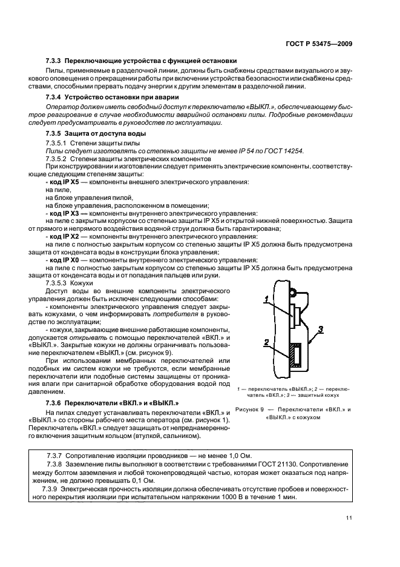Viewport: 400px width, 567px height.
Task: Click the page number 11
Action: (x=350, y=517)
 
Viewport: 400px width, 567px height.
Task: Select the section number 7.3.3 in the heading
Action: (x=54, y=61)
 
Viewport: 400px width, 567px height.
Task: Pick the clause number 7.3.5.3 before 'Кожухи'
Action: (x=59, y=283)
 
